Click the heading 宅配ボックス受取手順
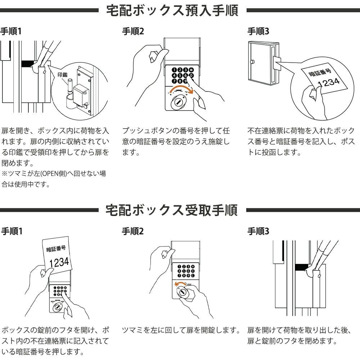click(x=172, y=210)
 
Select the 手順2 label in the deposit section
click(x=133, y=32)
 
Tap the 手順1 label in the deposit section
click(x=10, y=32)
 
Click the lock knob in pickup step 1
click(x=58, y=308)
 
